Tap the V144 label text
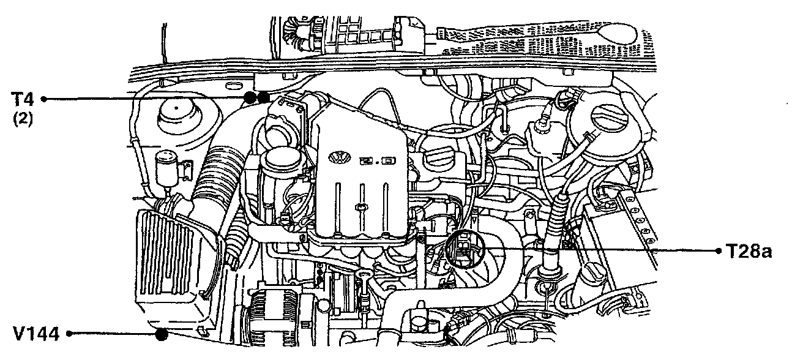[x=35, y=334]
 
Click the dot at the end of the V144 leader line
[x=162, y=334]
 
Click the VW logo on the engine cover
[x=337, y=158]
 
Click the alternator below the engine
[x=272, y=321]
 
